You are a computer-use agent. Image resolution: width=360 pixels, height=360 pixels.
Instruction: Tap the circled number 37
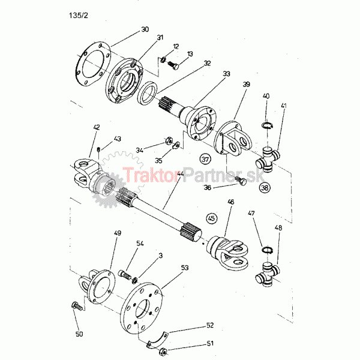click(x=206, y=159)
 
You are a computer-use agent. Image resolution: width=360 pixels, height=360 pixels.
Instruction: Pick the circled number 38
click(x=265, y=188)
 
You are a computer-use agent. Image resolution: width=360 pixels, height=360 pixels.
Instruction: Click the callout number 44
click(x=180, y=174)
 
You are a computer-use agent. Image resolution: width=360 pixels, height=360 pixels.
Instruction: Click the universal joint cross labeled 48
click(x=268, y=275)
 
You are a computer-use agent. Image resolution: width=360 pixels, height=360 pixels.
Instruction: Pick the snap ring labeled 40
click(x=268, y=125)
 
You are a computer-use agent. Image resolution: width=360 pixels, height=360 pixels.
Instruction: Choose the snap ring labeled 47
click(x=268, y=250)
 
